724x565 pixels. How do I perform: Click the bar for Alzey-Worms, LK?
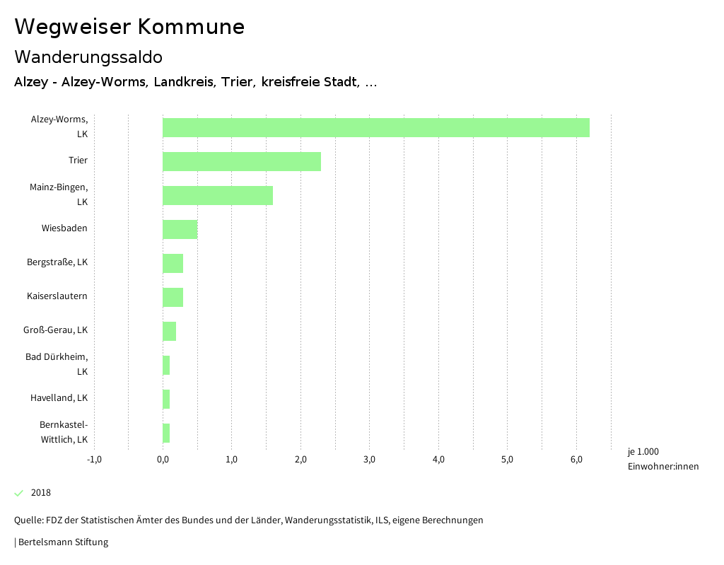point(375,127)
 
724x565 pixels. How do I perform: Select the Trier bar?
point(241,161)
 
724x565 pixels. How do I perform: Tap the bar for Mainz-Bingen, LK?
point(217,195)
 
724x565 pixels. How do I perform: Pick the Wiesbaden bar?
point(180,229)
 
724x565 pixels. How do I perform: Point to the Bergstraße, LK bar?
point(173,263)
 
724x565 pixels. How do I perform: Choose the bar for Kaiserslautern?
point(173,297)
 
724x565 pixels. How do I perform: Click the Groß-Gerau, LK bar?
point(169,331)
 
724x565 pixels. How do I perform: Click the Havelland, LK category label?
point(59,398)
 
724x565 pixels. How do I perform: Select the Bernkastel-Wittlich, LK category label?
point(63,432)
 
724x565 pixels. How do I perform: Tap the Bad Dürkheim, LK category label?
point(57,364)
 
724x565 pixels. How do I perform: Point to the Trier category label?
point(78,161)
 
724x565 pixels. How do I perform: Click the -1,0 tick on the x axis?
point(94,460)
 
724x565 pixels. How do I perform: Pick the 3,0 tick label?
point(369,460)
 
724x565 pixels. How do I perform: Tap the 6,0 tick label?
point(576,460)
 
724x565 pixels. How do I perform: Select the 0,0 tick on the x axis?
point(163,460)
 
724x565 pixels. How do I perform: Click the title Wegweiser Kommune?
point(129,27)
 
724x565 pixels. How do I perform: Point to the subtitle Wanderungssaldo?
point(88,57)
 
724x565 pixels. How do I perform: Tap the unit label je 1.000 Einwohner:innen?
point(662,459)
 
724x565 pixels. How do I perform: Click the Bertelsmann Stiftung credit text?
point(62,542)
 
